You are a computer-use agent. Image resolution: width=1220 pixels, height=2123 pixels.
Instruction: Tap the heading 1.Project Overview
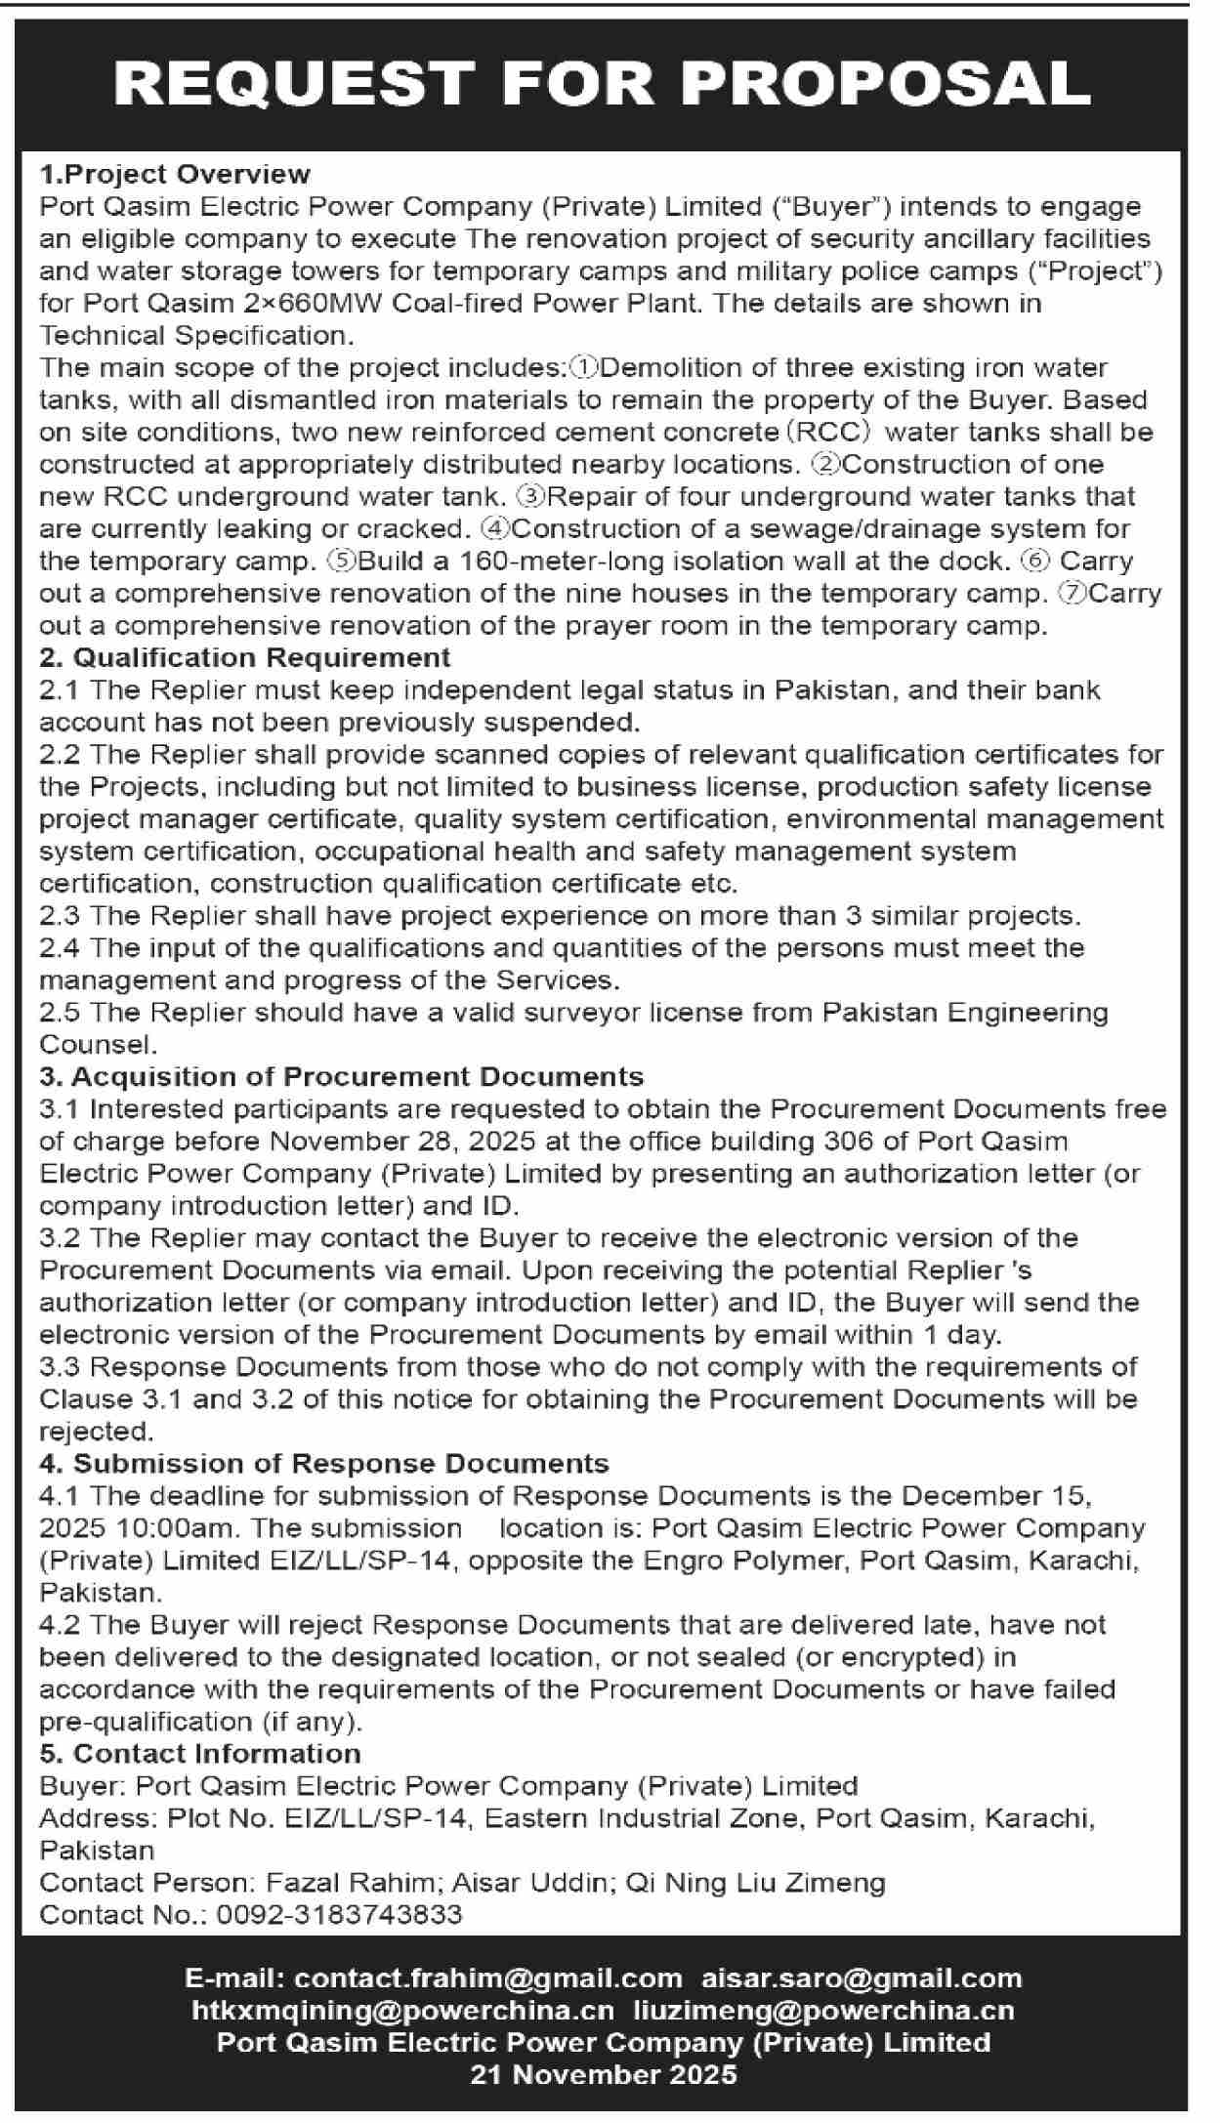click(175, 174)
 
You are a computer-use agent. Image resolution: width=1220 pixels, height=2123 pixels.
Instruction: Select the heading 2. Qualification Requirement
click(245, 657)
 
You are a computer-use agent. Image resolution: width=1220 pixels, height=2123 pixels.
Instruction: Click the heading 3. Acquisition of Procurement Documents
click(342, 1076)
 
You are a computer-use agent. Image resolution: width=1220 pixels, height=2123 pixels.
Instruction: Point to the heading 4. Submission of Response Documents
click(324, 1463)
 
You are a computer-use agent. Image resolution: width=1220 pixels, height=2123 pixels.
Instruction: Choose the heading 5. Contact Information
click(200, 1753)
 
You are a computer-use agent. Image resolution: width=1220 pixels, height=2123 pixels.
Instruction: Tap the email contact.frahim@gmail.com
click(488, 1978)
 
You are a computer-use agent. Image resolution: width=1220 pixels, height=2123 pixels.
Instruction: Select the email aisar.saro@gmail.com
click(862, 1978)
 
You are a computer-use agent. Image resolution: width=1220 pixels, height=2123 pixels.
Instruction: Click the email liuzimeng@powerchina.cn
click(823, 2011)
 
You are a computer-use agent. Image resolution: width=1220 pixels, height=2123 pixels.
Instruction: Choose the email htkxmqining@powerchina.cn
click(403, 2011)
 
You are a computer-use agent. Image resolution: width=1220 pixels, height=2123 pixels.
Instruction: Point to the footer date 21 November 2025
click(604, 2074)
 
